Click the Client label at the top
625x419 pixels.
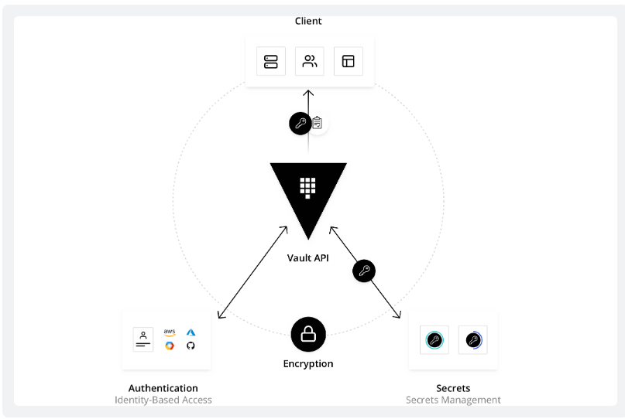pyautogui.click(x=308, y=21)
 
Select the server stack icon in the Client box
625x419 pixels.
pyautogui.click(x=270, y=61)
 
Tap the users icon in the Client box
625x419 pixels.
pyautogui.click(x=310, y=61)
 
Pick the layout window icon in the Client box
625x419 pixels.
pyautogui.click(x=348, y=61)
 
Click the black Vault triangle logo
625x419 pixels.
pyautogui.click(x=308, y=195)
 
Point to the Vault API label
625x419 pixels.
pyautogui.click(x=308, y=258)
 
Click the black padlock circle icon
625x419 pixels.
pyautogui.click(x=308, y=334)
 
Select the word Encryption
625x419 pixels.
pyautogui.click(x=308, y=363)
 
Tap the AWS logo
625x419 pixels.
pyautogui.click(x=170, y=332)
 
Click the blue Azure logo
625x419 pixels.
pyautogui.click(x=191, y=332)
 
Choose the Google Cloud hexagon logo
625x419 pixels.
pyautogui.click(x=170, y=346)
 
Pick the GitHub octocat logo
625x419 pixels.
pyautogui.click(x=191, y=346)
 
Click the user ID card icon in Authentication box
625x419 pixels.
pyautogui.click(x=143, y=339)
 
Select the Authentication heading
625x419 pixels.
pyautogui.click(x=163, y=388)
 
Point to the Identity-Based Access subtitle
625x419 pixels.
pyautogui.click(x=163, y=400)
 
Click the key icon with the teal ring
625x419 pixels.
pyautogui.click(x=434, y=340)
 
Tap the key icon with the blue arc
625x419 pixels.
pyautogui.click(x=473, y=340)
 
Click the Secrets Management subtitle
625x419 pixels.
pyautogui.click(x=453, y=400)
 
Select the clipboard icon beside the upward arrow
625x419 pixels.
pyautogui.click(x=318, y=123)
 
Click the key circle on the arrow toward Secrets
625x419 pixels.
pyautogui.click(x=364, y=271)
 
